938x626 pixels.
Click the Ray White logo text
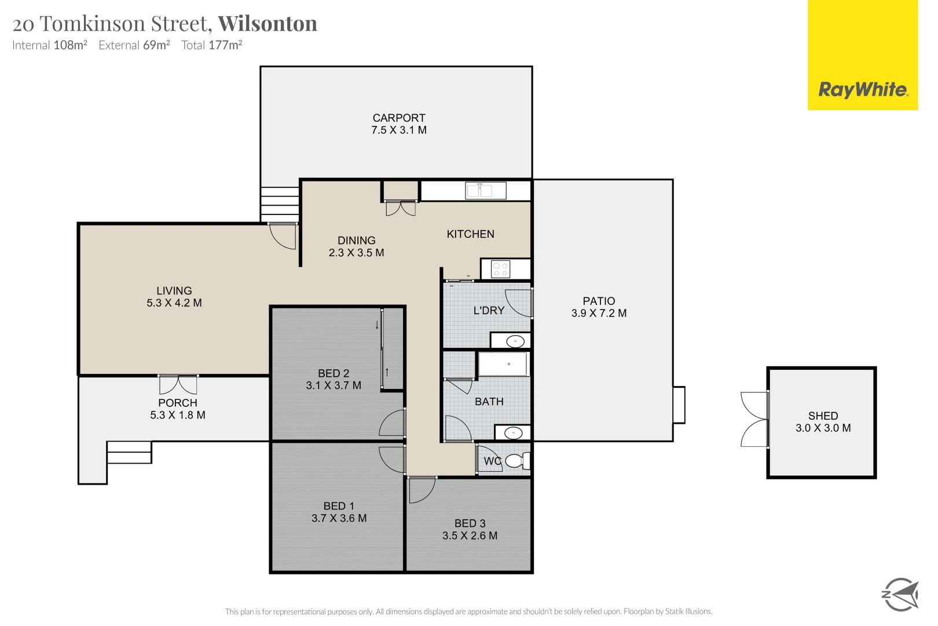tap(863, 90)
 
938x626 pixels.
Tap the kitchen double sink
tap(486, 190)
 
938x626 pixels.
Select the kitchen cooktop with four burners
tap(500, 270)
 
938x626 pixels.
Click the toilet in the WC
tap(516, 461)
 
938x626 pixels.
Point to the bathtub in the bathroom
tap(503, 365)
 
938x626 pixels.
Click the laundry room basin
tap(515, 341)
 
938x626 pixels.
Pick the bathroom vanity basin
tap(513, 433)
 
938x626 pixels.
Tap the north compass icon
tap(900, 594)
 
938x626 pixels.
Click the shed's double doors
tap(754, 420)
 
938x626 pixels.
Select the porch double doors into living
tap(178, 385)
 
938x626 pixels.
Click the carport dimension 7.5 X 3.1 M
tap(399, 130)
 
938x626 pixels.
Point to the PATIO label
tap(599, 301)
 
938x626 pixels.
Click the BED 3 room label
tap(470, 523)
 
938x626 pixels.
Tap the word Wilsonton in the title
tap(268, 24)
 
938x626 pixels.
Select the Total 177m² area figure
tap(211, 45)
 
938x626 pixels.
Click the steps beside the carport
tap(280, 204)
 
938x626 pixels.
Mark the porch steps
tap(129, 452)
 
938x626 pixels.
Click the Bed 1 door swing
tap(392, 460)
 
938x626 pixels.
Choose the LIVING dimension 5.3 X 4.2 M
tap(174, 303)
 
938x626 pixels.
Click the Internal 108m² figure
tap(50, 45)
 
